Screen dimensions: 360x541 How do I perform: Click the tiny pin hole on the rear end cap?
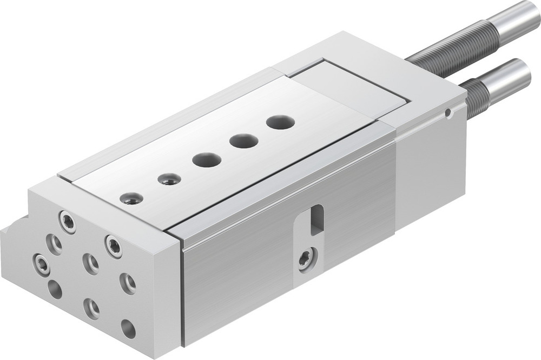point(447,114)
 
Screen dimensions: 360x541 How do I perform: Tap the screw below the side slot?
point(306,259)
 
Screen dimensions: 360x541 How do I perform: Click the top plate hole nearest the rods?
point(280,122)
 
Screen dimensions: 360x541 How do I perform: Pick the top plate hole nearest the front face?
point(131,198)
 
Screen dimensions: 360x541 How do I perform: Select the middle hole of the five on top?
point(207,160)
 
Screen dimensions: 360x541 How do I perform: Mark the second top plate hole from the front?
point(169,179)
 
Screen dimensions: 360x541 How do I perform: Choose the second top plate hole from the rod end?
point(243,142)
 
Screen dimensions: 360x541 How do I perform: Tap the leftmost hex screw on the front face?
point(42,264)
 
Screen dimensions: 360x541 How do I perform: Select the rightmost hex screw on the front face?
point(114,246)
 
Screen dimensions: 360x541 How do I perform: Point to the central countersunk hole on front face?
point(90,264)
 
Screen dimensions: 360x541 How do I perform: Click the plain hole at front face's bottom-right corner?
point(128,329)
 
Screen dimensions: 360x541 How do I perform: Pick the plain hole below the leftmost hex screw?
point(55,289)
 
